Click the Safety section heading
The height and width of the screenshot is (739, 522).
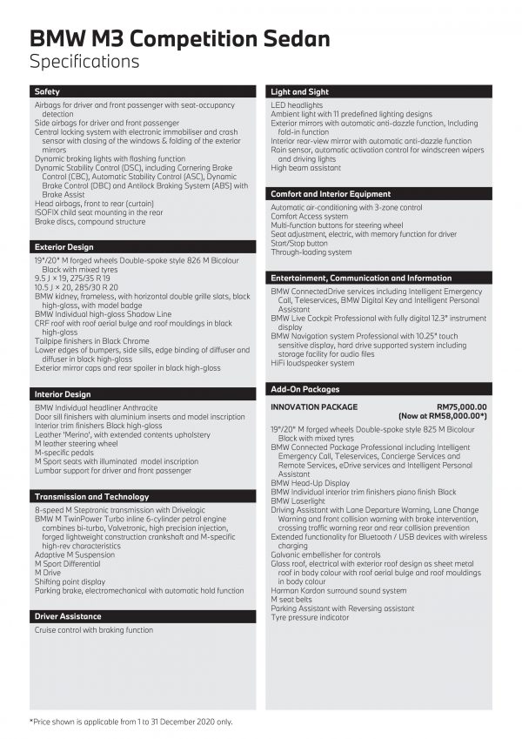click(48, 91)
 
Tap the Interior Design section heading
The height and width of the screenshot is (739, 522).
click(63, 394)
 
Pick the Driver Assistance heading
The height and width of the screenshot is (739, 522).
click(67, 616)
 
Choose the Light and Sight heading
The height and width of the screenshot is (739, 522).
click(300, 91)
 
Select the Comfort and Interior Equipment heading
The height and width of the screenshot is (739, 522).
click(331, 194)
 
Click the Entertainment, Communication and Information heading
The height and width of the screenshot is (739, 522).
click(361, 278)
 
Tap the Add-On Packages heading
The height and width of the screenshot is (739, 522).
click(305, 389)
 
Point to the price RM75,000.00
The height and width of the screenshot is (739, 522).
click(462, 406)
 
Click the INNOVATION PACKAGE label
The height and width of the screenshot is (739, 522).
click(314, 406)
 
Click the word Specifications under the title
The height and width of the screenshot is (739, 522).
click(84, 61)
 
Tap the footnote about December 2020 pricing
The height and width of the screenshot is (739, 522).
click(131, 722)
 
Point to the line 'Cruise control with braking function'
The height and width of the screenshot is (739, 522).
click(94, 630)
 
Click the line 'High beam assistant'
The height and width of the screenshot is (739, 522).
click(305, 168)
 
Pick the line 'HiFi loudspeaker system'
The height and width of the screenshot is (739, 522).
click(312, 363)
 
